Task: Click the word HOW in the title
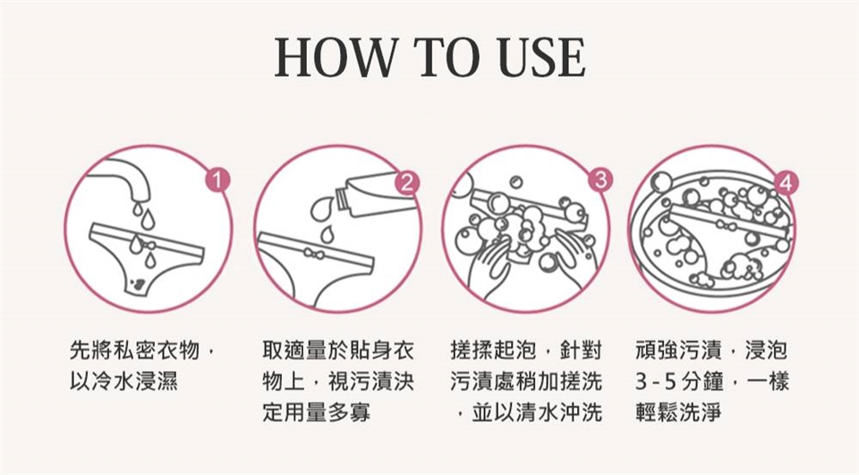pyautogui.click(x=335, y=57)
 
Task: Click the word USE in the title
pyautogui.click(x=542, y=57)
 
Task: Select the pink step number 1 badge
pyautogui.click(x=218, y=180)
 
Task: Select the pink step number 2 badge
pyautogui.click(x=406, y=183)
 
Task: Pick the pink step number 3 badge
pyautogui.click(x=600, y=180)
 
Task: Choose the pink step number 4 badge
pyautogui.click(x=787, y=183)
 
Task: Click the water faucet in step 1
pyautogui.click(x=127, y=178)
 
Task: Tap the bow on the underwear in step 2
pyautogui.click(x=311, y=253)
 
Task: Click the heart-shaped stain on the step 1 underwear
pyautogui.click(x=139, y=283)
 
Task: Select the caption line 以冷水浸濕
pyautogui.click(x=123, y=381)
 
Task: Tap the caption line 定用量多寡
pyautogui.click(x=316, y=412)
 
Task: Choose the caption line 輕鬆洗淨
pyautogui.click(x=679, y=412)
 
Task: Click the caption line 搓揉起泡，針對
pyautogui.click(x=526, y=350)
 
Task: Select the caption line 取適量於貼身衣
pyautogui.click(x=338, y=350)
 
